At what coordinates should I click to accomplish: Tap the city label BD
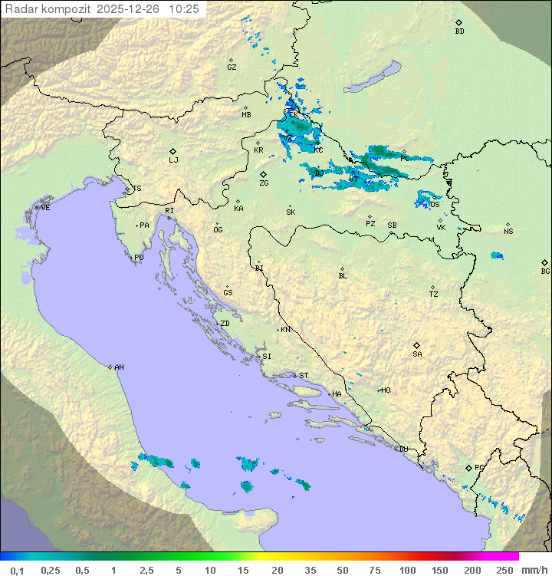(x=459, y=31)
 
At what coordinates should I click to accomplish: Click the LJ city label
(x=173, y=160)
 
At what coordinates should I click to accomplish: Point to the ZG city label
(x=264, y=183)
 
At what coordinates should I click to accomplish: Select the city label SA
(x=417, y=354)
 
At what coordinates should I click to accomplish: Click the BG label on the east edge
(x=545, y=271)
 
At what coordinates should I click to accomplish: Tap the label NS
(x=508, y=232)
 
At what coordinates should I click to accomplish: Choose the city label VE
(x=45, y=208)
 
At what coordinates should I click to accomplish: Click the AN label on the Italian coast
(x=119, y=367)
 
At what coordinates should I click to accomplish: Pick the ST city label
(x=303, y=376)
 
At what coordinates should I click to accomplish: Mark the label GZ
(x=232, y=67)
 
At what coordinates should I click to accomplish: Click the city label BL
(x=343, y=276)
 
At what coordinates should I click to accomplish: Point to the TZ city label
(x=433, y=295)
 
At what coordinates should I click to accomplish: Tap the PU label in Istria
(x=139, y=258)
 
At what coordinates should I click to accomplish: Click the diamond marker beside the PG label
(x=469, y=467)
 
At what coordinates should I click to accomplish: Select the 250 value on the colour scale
(x=504, y=570)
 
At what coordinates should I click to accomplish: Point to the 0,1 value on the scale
(x=17, y=570)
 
